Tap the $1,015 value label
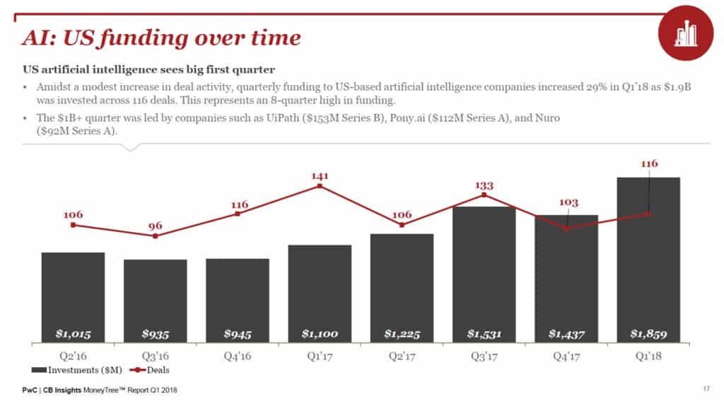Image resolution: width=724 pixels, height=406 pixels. (x=73, y=333)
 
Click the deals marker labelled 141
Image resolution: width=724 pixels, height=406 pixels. (x=320, y=186)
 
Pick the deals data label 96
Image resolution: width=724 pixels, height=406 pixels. (x=155, y=226)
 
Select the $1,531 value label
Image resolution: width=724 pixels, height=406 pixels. (x=484, y=333)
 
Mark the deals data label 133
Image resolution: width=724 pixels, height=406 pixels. (x=484, y=185)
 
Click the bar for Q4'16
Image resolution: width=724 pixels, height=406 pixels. (x=237, y=301)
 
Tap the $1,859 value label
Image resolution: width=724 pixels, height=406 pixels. (x=648, y=333)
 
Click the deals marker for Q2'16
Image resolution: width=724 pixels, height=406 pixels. (x=73, y=225)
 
